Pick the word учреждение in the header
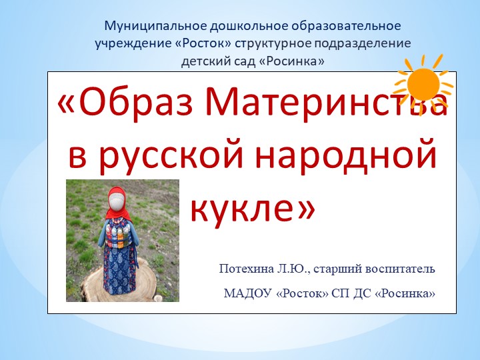(x=127, y=45)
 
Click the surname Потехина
(x=244, y=269)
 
